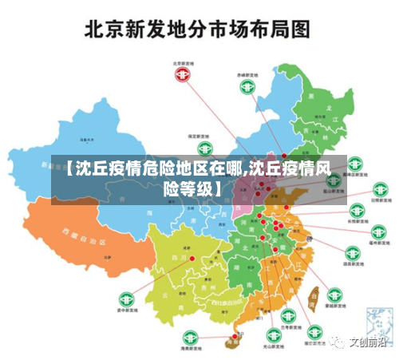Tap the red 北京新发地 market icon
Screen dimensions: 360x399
184,74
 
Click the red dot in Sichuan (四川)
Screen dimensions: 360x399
192,258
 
